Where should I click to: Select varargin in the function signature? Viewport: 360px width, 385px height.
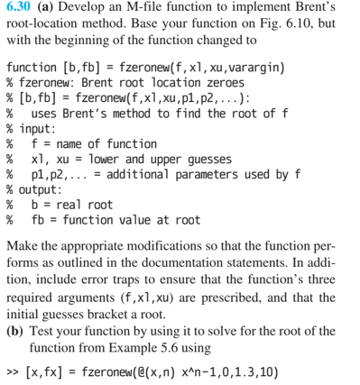click(257, 69)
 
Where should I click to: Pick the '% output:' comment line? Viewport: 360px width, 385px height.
click(37, 190)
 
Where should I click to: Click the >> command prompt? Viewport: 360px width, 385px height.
click(12, 373)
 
